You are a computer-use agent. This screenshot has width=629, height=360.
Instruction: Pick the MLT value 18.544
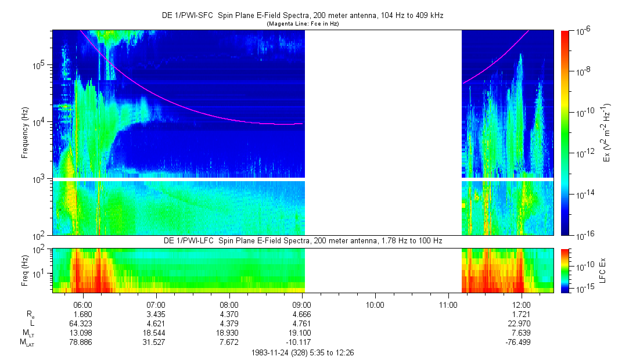coord(156,333)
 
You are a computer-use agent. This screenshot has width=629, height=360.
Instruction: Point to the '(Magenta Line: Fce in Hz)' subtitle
coord(303,24)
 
